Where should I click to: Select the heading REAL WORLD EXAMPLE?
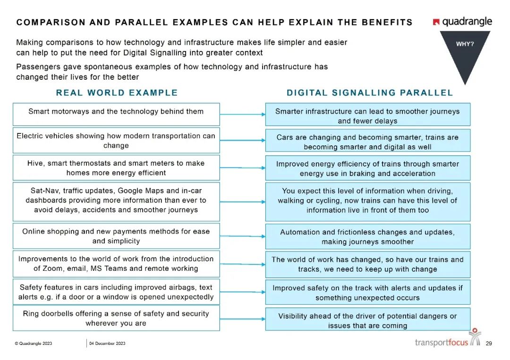pos(117,92)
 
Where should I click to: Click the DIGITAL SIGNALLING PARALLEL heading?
pos(370,92)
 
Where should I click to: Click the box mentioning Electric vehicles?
pos(116,141)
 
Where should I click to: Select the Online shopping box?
pos(116,236)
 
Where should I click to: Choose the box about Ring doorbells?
pos(116,318)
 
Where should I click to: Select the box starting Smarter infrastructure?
pos(367,116)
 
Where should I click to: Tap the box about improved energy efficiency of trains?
pos(367,168)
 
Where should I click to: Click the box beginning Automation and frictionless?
pos(367,237)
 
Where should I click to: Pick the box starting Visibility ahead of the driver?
pos(367,321)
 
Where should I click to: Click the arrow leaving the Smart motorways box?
pos(242,114)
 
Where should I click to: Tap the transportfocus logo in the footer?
pos(447,340)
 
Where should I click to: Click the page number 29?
pos(489,343)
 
